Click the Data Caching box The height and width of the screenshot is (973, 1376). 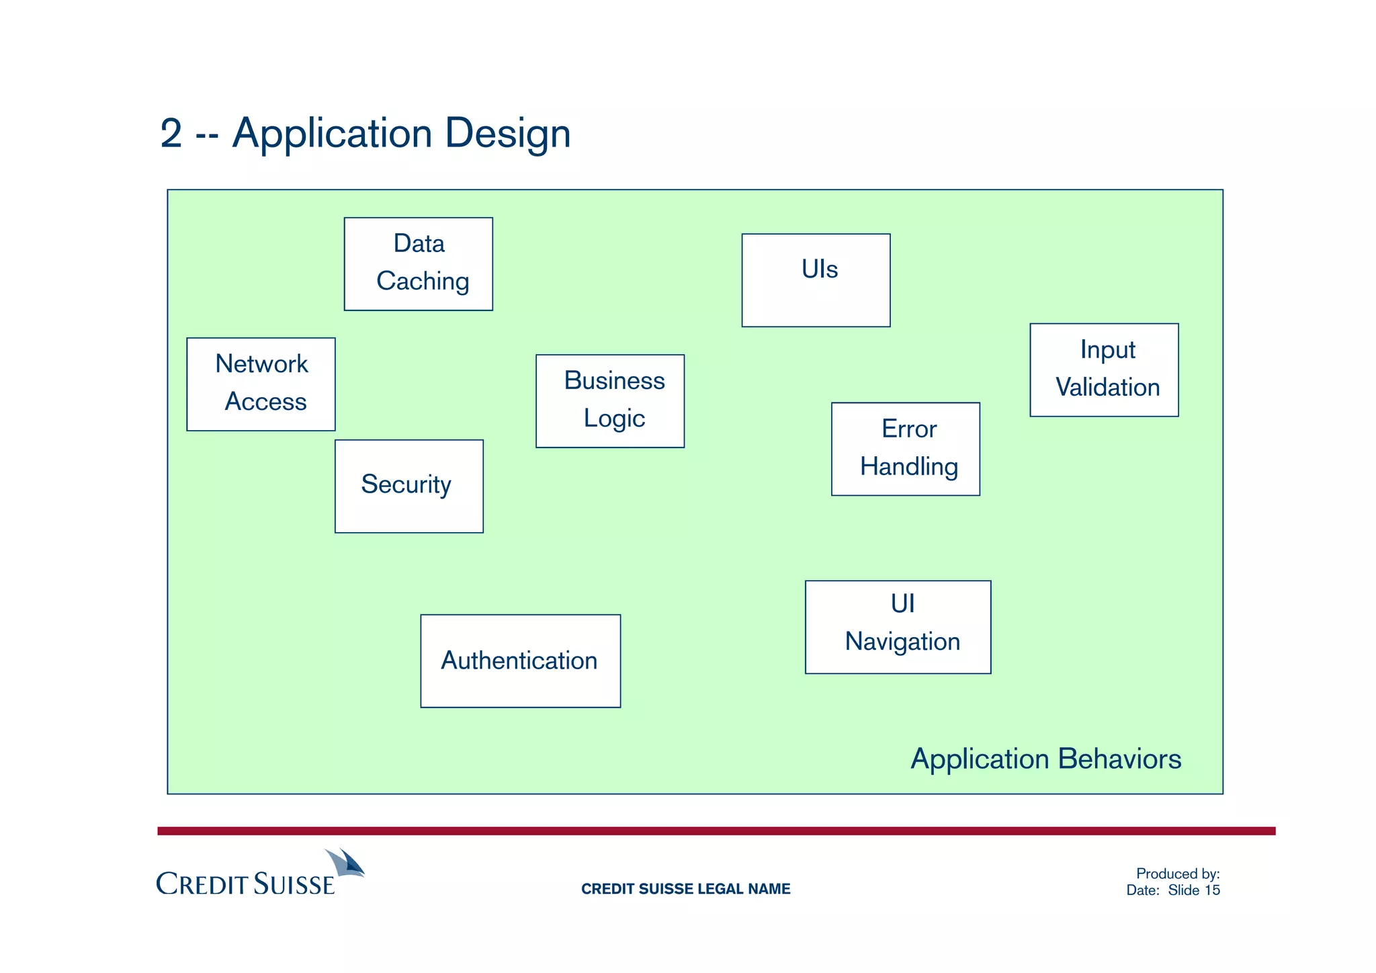(418, 263)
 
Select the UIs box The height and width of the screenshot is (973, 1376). (816, 280)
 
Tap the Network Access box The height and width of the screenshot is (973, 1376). (261, 384)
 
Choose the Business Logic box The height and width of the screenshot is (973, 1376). (609, 400)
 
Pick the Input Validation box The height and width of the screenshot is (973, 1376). (1103, 370)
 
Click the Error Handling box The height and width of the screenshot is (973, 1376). (905, 449)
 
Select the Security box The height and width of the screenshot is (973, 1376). (408, 486)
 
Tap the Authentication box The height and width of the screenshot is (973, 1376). (520, 661)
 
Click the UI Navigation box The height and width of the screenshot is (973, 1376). (898, 626)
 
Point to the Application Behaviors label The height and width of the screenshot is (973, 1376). (1045, 759)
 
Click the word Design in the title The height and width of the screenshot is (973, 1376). (507, 133)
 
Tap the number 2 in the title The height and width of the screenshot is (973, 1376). (171, 133)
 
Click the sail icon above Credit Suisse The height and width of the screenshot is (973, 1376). (346, 862)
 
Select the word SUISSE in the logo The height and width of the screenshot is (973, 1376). (294, 884)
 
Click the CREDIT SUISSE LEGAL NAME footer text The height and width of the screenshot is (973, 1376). (685, 889)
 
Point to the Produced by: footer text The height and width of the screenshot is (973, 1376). (1177, 874)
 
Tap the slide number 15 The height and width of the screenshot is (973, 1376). (1212, 890)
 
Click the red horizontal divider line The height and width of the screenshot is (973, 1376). (716, 831)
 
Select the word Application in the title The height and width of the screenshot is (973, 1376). (332, 133)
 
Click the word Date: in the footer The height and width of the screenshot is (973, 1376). (1142, 890)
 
